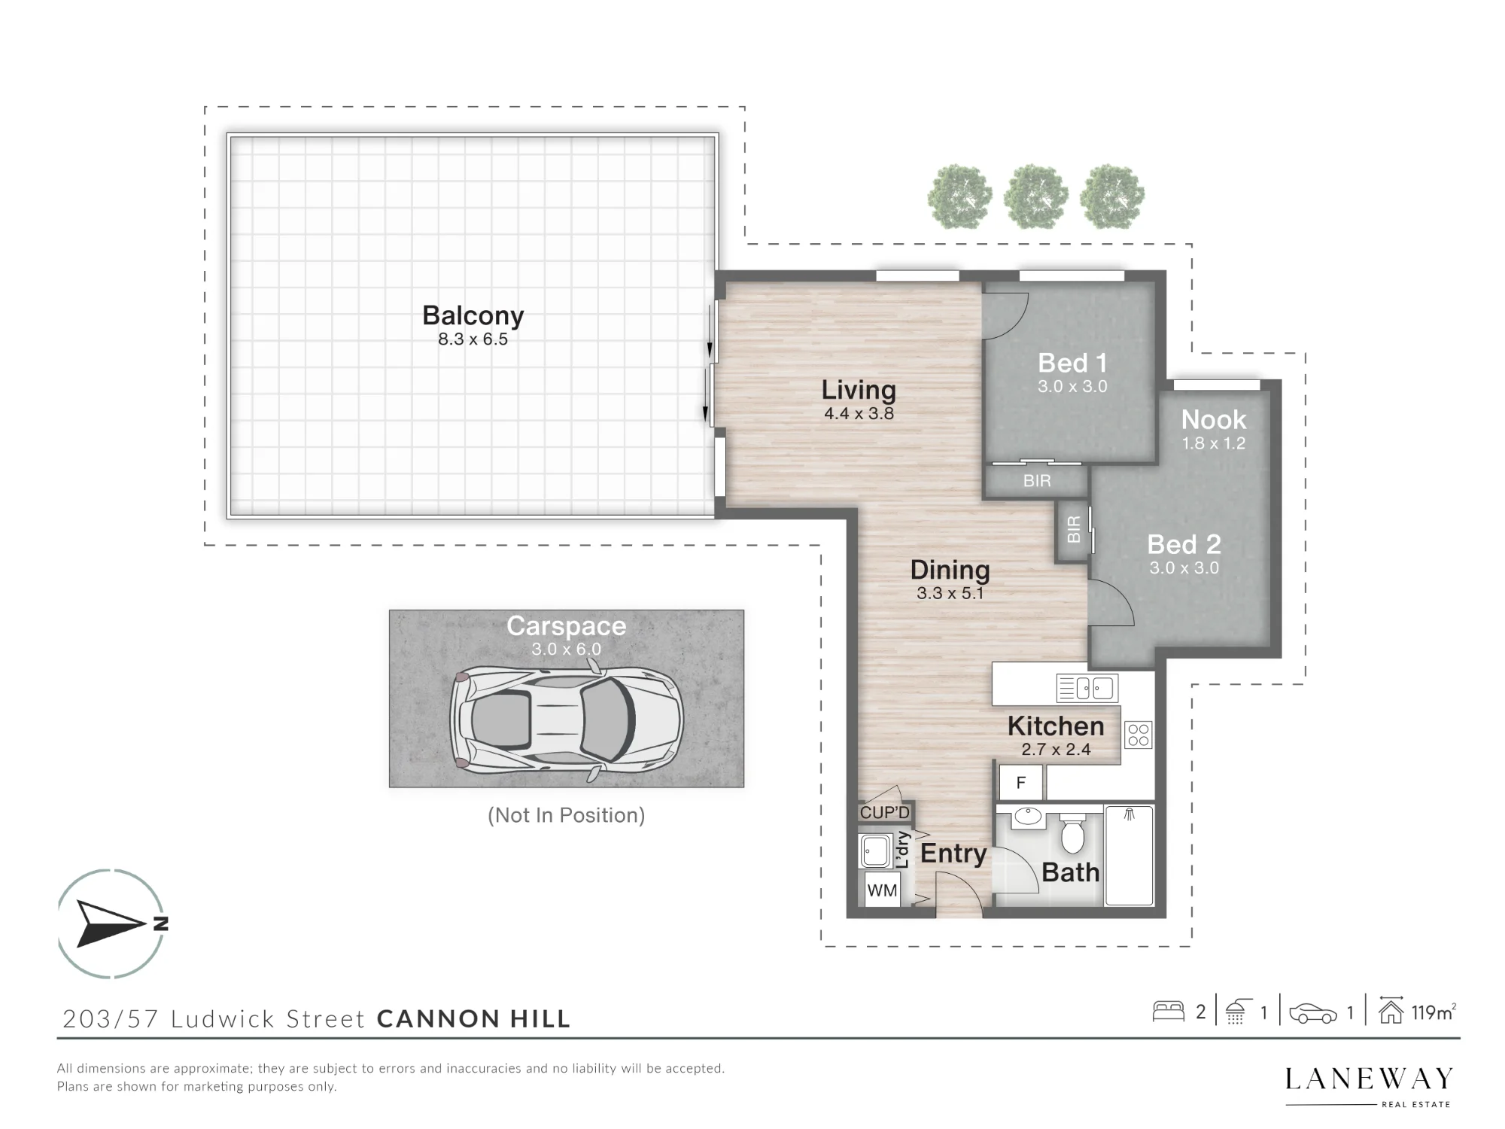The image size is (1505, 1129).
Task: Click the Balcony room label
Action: [473, 316]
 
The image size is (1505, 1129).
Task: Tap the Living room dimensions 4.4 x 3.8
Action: [859, 413]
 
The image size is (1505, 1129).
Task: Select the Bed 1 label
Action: [1072, 363]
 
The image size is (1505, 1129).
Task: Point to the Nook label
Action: [1213, 419]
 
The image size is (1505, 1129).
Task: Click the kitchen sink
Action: [1087, 688]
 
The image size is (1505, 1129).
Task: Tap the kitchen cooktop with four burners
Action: [1139, 735]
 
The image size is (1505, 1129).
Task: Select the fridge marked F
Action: [1021, 783]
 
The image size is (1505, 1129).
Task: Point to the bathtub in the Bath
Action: [1129, 855]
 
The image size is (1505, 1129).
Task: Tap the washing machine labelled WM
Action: [882, 890]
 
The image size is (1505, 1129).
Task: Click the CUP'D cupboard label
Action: [885, 813]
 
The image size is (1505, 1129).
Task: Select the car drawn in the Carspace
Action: [567, 720]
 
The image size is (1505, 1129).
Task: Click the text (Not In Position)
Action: [566, 815]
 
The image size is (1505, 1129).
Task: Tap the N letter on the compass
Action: [160, 924]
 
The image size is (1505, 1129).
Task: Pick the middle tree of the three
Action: [1036, 196]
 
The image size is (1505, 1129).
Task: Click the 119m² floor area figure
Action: [1434, 1012]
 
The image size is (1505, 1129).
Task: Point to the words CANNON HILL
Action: [473, 1018]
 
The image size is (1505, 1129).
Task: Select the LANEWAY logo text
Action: [1369, 1079]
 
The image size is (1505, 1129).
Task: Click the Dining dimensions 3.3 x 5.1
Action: [950, 593]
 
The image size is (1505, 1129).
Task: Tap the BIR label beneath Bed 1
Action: [1037, 481]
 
